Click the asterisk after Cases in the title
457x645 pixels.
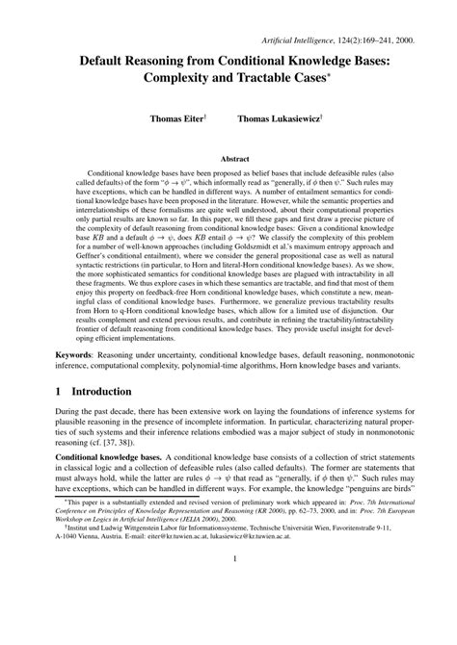333,75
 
